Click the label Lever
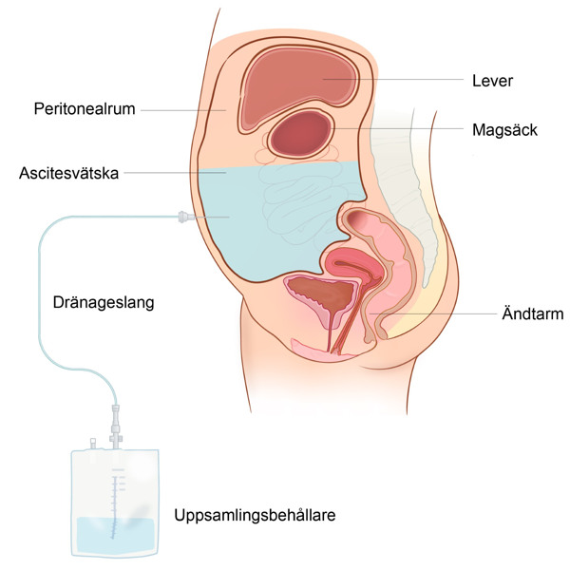492,81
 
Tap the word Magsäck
504,130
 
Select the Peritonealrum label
85,108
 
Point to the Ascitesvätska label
68,173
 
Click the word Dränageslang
104,302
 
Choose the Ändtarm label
533,313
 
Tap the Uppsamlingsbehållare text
255,515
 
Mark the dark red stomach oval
300,133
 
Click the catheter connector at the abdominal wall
185,217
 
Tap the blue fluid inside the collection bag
115,534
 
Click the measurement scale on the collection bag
116,503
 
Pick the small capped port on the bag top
93,444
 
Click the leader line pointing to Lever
393,79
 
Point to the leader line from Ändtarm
433,313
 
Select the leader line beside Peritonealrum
183,110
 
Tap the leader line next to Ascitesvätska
175,173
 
